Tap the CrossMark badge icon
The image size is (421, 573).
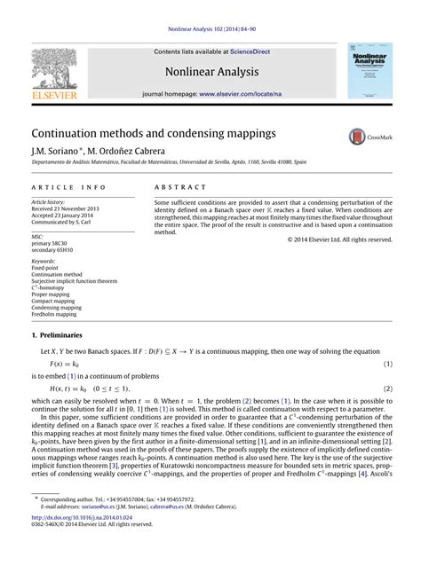(357, 137)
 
